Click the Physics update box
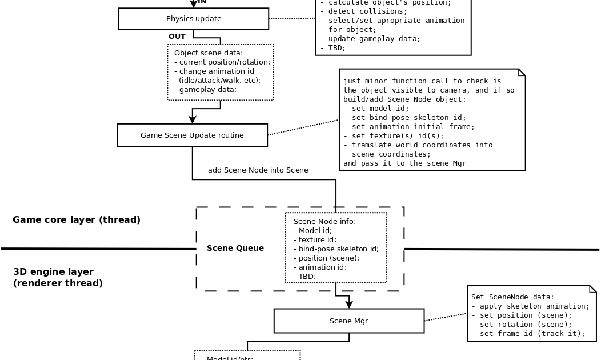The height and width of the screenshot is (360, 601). tap(193, 19)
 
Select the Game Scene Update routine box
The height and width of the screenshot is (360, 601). tap(192, 135)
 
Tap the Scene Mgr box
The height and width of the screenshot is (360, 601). tap(348, 321)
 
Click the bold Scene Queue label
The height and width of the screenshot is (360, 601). tap(235, 249)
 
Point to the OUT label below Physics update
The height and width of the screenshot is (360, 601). tap(177, 37)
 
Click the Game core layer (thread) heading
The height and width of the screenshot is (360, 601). tap(77, 220)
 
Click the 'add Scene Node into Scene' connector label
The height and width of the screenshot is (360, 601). tap(258, 170)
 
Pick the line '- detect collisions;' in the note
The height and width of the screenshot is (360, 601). tap(363, 11)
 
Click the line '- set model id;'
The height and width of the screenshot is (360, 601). tap(376, 109)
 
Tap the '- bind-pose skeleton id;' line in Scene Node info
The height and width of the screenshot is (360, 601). tap(336, 249)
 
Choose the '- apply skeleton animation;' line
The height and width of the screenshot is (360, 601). tap(530, 306)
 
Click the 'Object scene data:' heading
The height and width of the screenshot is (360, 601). tap(209, 53)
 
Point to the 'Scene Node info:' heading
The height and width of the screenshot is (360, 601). tap(324, 222)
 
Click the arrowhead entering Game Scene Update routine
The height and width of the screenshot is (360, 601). tap(193, 119)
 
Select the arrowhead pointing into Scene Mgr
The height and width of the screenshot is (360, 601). tap(349, 305)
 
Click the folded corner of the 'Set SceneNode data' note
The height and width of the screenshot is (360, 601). tap(592, 289)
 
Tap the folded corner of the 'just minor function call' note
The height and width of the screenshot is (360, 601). tap(522, 73)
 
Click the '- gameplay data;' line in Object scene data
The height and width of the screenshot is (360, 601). tap(205, 90)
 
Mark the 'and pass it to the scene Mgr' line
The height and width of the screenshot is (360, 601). tap(404, 163)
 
